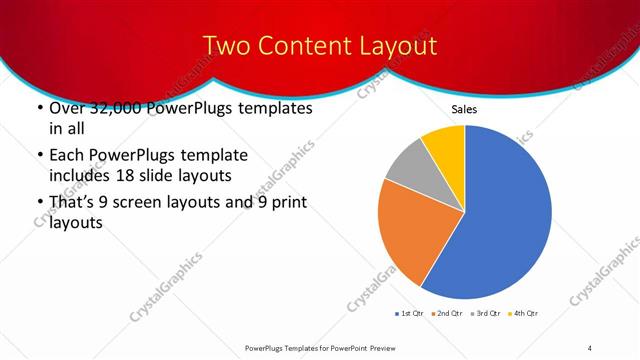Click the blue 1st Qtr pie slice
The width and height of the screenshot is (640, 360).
[505, 220]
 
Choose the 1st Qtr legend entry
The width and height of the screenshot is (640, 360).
[410, 314]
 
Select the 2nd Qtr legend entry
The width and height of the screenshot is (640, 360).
[446, 314]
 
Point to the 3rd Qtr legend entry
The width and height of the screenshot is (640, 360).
[485, 314]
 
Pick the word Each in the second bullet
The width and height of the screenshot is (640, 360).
[67, 156]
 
